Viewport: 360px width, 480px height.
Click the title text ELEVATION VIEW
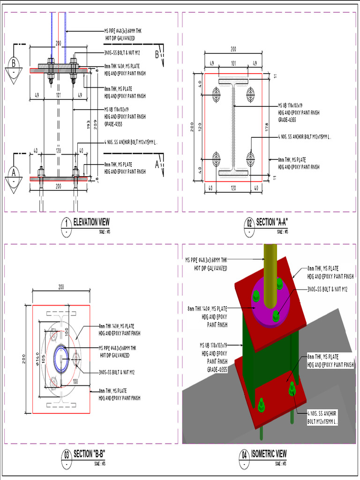(x=91, y=222)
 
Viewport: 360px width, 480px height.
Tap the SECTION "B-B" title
(x=89, y=454)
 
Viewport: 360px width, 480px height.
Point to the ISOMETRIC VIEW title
(x=269, y=454)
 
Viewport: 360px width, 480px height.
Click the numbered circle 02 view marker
(x=249, y=224)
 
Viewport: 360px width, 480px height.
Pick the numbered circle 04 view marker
(x=244, y=456)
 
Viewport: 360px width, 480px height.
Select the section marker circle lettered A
(x=14, y=172)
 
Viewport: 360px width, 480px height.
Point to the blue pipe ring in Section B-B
(x=61, y=359)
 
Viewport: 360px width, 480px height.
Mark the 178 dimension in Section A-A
(x=267, y=127)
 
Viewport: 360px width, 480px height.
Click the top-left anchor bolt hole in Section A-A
(x=216, y=95)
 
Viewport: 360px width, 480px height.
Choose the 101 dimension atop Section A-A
(x=233, y=63)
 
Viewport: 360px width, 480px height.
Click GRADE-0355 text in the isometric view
(x=217, y=369)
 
